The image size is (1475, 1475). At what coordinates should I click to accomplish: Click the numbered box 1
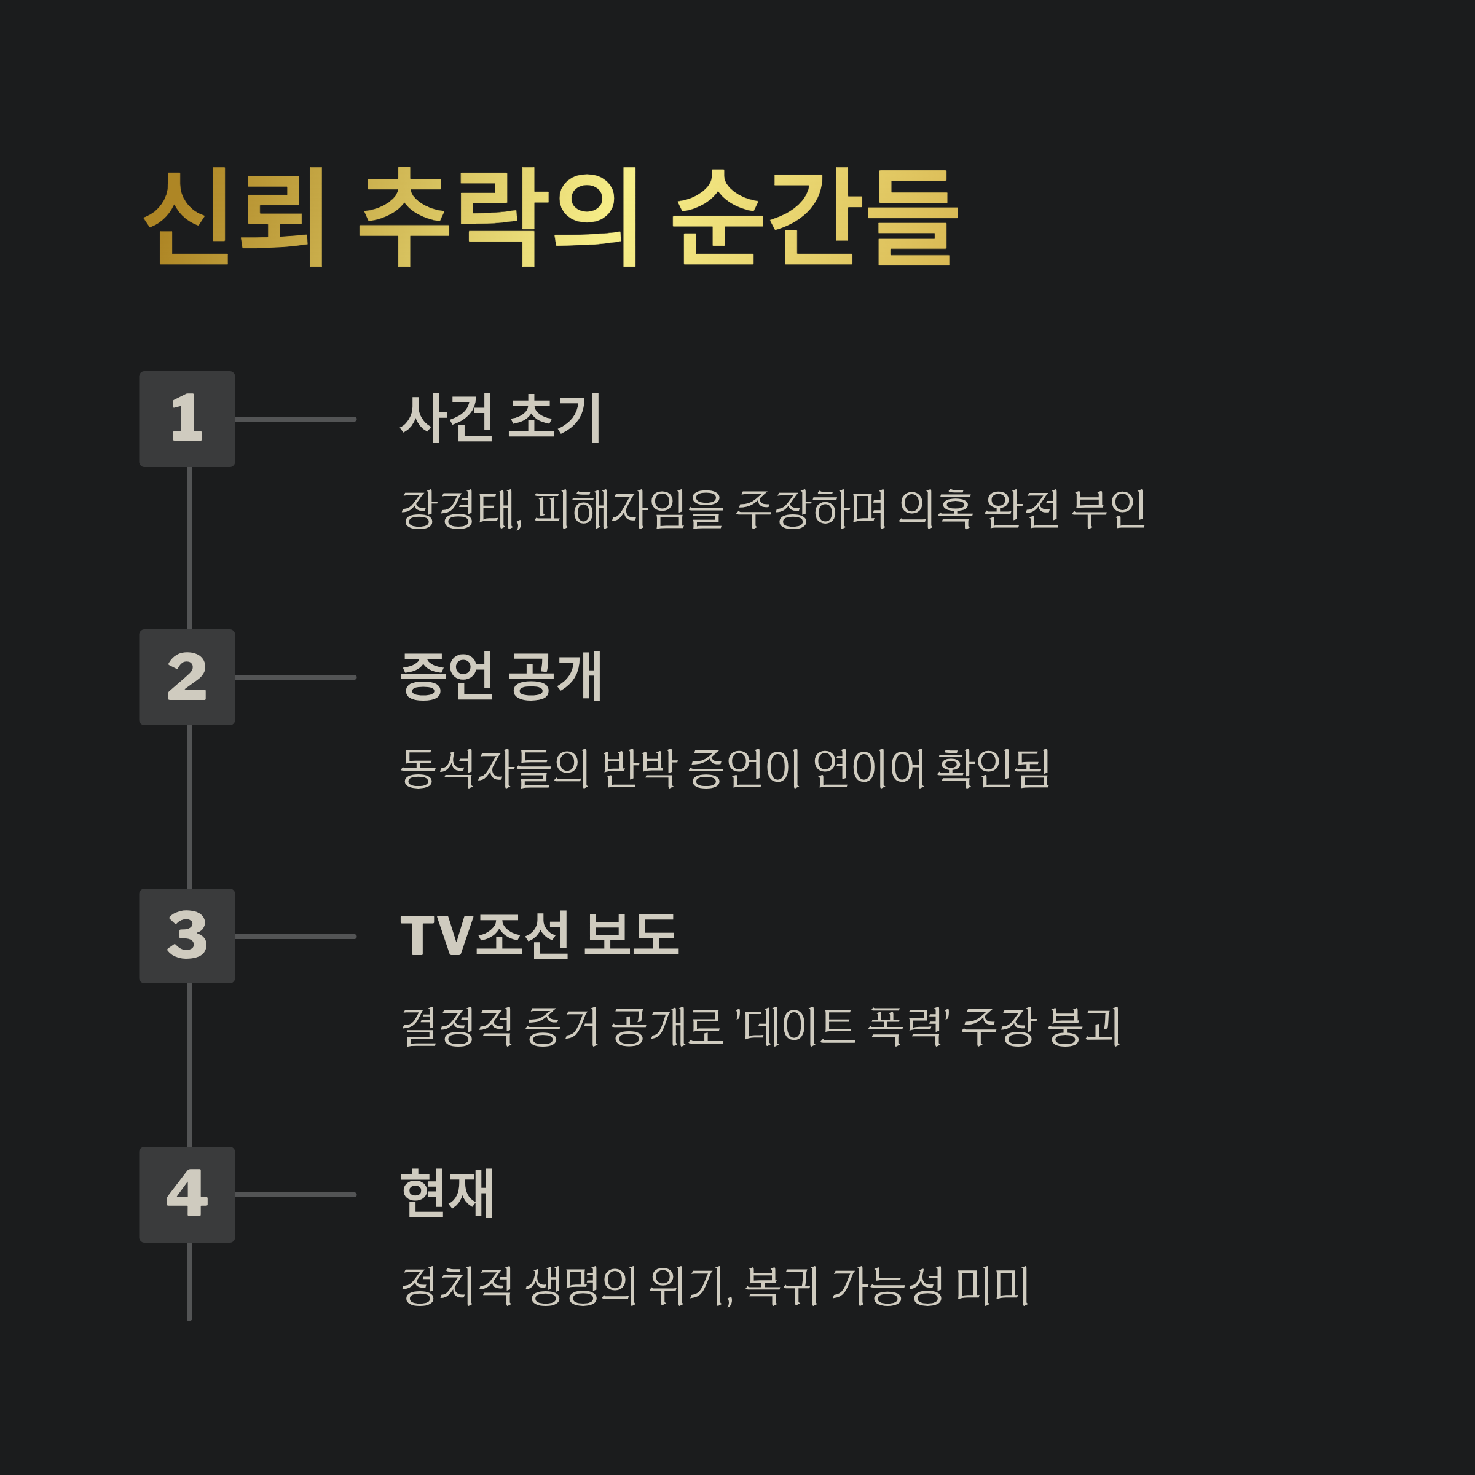pos(187,419)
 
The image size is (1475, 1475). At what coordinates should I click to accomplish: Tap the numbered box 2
pos(187,677)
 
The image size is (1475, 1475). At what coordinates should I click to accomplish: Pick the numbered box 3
pos(187,936)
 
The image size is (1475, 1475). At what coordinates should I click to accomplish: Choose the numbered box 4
pos(187,1195)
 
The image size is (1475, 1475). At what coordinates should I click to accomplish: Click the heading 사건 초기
pos(501,419)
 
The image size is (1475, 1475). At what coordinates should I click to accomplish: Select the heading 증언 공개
pos(501,677)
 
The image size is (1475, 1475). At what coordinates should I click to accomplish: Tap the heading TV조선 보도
pos(539,935)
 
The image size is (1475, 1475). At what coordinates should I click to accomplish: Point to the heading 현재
pos(447,1194)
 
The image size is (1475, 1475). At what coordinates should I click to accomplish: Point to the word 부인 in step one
pos(1107,509)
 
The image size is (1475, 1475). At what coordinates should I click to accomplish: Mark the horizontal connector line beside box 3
pos(296,936)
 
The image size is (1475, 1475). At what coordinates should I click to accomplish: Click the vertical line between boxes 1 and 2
pos(189,548)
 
